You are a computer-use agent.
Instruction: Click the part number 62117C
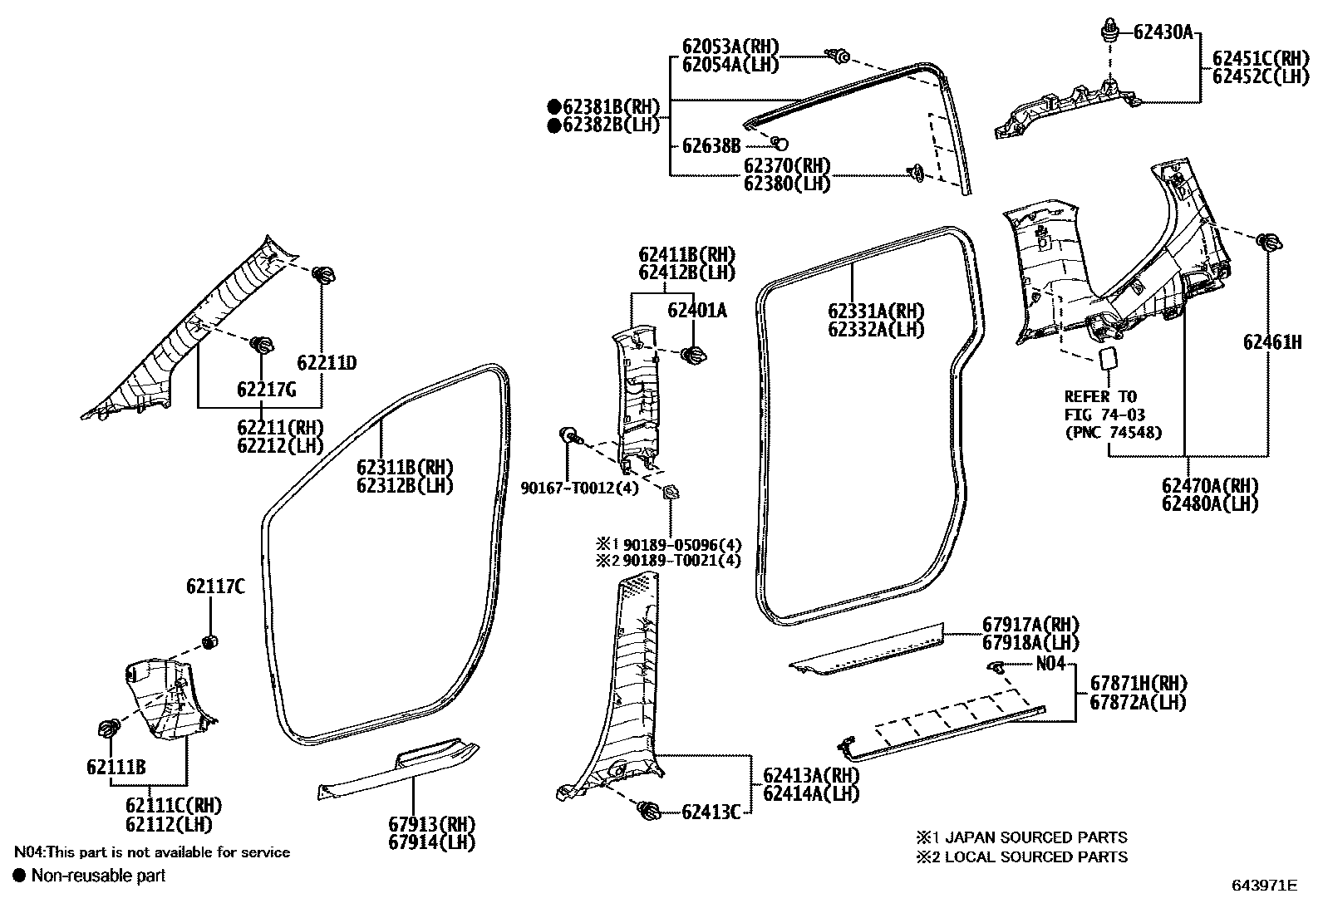[215, 587]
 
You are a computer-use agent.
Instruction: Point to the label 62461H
[1271, 341]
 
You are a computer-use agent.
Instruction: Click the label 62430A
[1163, 32]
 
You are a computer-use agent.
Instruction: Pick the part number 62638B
[711, 146]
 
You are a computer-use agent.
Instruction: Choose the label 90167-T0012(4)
[580, 488]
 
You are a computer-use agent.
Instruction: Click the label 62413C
[711, 812]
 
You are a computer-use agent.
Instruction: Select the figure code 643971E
[1264, 886]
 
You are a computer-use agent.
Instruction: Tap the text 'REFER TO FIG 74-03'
[1100, 405]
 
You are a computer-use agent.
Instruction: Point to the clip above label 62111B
[109, 729]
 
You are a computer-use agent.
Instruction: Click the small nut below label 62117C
[209, 641]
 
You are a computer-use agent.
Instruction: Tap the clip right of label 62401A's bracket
[693, 355]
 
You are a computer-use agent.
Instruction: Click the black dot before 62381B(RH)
[553, 106]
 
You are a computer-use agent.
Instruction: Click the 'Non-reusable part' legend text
[98, 875]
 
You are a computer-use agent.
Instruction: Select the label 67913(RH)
[431, 824]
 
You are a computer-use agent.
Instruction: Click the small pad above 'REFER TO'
[1107, 358]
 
